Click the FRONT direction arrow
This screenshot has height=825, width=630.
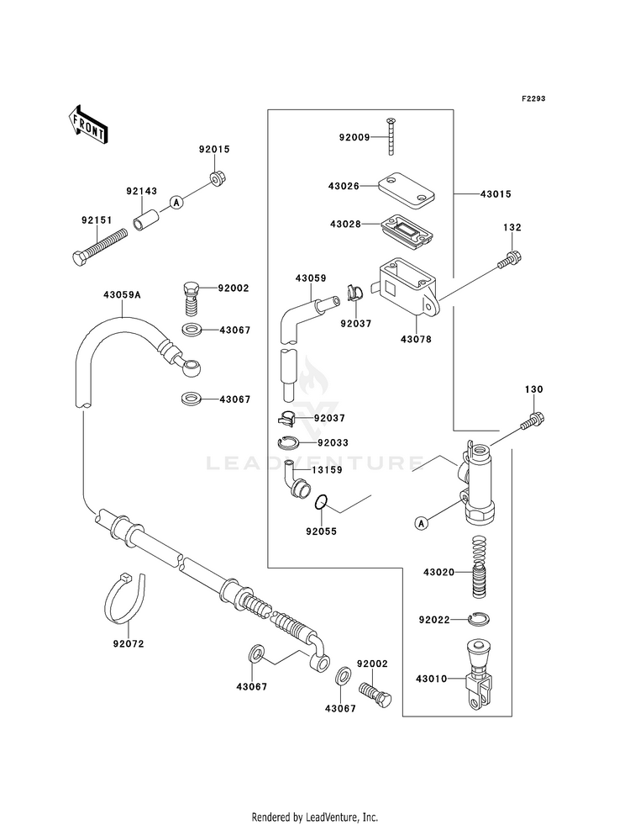pos(87,124)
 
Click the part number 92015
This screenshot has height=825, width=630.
pos(214,149)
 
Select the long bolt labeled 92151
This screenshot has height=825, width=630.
pos(100,246)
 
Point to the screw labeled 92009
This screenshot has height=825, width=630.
pos(391,136)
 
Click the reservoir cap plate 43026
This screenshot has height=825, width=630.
pos(407,188)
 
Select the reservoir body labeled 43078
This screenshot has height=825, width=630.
pos(407,288)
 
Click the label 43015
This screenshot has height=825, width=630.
pos(496,193)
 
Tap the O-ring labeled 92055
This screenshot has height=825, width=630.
pos(322,503)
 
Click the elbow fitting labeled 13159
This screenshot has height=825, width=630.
pos(297,479)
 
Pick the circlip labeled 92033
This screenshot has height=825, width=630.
pos(288,443)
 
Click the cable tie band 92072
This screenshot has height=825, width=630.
pos(124,597)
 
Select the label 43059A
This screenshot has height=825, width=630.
pos(122,294)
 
